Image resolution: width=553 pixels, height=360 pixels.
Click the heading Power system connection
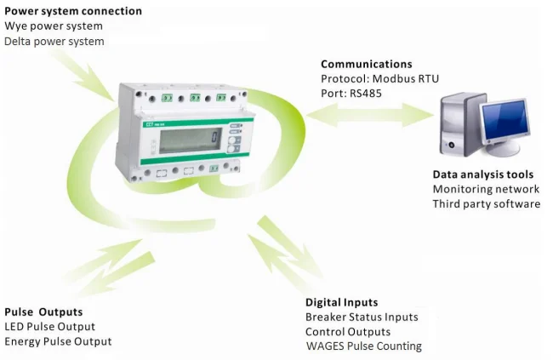[x=73, y=11]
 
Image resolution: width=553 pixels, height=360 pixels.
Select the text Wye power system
[x=54, y=26]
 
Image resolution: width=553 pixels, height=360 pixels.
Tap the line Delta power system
[x=54, y=41]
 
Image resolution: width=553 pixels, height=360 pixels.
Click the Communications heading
[x=366, y=64]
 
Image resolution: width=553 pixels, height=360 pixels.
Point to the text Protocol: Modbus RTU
[x=379, y=78]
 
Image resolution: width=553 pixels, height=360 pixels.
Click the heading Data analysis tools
[x=481, y=174]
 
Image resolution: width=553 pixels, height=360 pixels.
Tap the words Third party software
[x=487, y=203]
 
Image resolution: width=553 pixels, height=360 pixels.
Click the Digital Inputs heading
[x=341, y=302]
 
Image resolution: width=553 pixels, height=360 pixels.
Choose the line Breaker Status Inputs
[x=362, y=317]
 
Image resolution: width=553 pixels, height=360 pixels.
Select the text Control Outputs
[x=348, y=331]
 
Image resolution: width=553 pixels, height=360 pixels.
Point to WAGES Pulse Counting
[x=364, y=346]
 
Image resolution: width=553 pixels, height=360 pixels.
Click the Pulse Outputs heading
[x=43, y=311]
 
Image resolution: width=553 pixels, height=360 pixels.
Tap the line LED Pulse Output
[x=49, y=326]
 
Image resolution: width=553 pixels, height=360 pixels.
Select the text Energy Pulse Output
[x=58, y=341]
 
